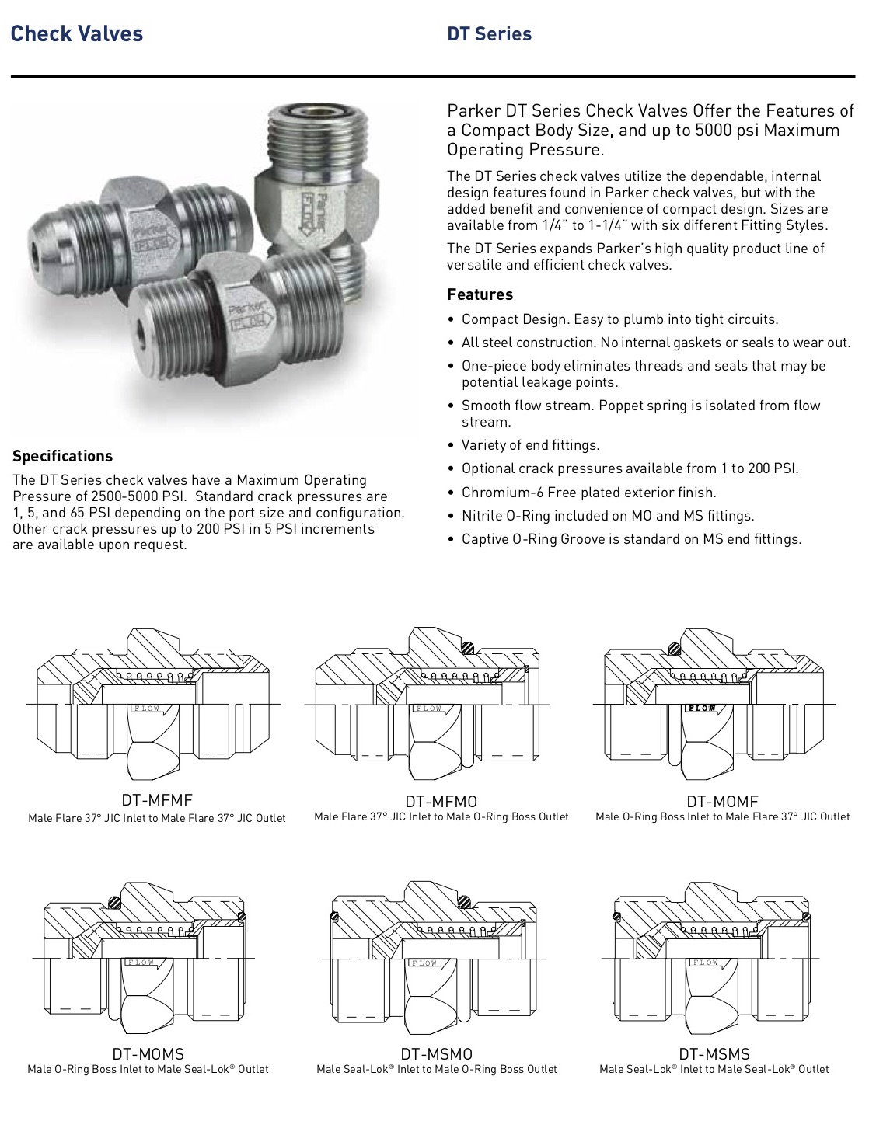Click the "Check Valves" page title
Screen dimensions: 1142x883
(x=77, y=34)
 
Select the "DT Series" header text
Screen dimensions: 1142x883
(x=489, y=34)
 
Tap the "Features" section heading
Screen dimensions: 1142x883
(x=480, y=294)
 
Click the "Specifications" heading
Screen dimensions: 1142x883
(x=62, y=456)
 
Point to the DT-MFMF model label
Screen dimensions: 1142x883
(x=156, y=800)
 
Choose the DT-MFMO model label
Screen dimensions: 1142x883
(x=441, y=801)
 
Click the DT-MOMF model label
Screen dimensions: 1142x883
(x=722, y=801)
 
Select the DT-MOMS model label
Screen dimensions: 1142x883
(x=148, y=1053)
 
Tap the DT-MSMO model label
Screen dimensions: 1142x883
(x=436, y=1053)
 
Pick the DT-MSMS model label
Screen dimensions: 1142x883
(x=714, y=1053)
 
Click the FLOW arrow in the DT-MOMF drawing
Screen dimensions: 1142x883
(x=703, y=709)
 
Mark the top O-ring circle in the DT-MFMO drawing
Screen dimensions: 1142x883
(x=466, y=647)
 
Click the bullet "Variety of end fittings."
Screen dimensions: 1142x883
(x=530, y=445)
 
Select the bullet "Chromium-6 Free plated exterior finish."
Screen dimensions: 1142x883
(x=588, y=492)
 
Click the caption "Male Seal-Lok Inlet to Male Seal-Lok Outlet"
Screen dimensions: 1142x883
(x=714, y=1069)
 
